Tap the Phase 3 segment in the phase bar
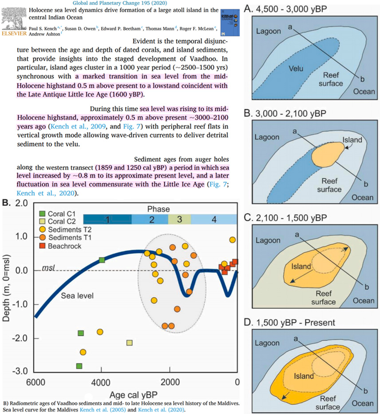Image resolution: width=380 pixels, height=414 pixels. click(179, 219)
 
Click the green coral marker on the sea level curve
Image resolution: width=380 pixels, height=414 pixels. click(102, 259)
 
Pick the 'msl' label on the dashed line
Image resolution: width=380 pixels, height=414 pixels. click(49, 268)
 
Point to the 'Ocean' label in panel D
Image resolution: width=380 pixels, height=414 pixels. click(364, 403)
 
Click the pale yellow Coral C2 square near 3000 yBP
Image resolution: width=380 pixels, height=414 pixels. click(130, 342)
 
